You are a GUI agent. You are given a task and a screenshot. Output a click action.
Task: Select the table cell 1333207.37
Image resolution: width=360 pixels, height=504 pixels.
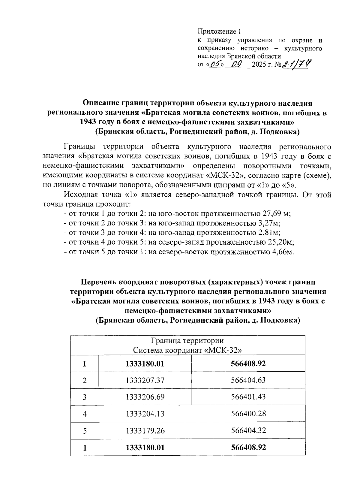[145, 380]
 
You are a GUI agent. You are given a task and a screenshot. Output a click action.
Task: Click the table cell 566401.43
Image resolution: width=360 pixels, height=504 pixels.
[248, 397]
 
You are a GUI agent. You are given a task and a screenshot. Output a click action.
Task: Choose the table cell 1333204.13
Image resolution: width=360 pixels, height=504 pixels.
[145, 414]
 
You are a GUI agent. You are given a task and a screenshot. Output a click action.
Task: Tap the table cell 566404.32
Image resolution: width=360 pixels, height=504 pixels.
[248, 430]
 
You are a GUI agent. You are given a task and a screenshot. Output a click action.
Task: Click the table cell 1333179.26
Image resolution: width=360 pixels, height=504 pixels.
[145, 430]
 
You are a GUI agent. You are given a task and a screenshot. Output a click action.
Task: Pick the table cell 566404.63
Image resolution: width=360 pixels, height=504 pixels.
[248, 380]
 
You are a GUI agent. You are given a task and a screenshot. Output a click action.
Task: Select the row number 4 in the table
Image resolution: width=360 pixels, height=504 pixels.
[85, 414]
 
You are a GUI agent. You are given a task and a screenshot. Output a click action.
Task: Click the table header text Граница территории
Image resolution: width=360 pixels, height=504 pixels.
[187, 341]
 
